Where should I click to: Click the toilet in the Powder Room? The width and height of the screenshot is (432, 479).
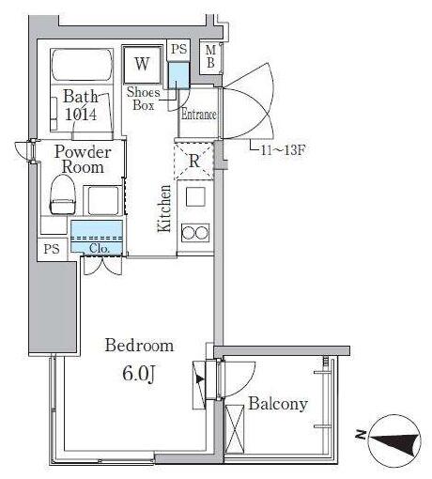tap(63, 194)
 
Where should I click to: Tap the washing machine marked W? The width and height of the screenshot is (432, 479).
tap(143, 65)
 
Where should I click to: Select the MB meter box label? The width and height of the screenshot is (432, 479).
tap(210, 56)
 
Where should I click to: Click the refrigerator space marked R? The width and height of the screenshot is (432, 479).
tap(193, 161)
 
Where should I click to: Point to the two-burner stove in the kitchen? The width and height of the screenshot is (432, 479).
tap(195, 233)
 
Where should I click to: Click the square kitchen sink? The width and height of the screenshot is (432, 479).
tap(196, 196)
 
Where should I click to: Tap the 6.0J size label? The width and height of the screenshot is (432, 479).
tap(139, 374)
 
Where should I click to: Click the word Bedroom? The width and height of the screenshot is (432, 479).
tap(139, 346)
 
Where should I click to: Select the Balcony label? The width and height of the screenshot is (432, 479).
tap(278, 404)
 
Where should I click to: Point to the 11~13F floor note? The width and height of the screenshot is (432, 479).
tap(283, 150)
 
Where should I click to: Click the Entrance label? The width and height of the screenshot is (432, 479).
tap(198, 115)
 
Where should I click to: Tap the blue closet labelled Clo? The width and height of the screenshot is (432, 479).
tap(97, 237)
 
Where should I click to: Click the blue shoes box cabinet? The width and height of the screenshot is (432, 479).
tap(178, 75)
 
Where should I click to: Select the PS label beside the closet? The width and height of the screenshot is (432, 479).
tap(52, 249)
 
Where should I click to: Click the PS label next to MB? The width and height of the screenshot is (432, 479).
tap(179, 49)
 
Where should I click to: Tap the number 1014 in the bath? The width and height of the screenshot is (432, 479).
tap(81, 114)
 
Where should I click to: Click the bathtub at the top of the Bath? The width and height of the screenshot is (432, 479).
tap(82, 66)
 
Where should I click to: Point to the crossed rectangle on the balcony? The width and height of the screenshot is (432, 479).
tap(235, 429)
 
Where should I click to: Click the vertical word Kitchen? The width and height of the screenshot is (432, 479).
tap(164, 209)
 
